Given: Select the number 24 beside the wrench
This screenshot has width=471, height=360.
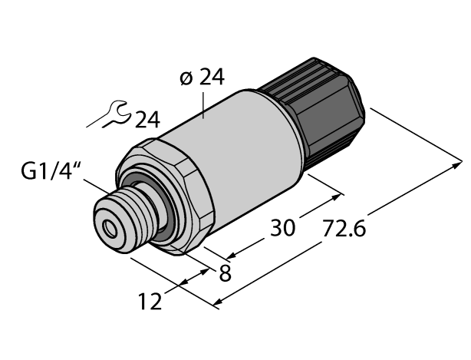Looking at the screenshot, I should [147, 119].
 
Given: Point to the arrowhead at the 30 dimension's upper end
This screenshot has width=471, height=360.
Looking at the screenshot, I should [337, 196].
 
